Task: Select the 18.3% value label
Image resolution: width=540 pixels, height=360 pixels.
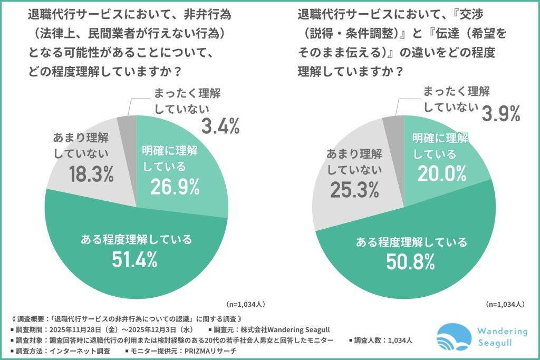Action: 91,175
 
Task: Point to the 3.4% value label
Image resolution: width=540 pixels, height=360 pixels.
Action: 221,126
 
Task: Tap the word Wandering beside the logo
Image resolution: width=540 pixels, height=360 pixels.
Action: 501,332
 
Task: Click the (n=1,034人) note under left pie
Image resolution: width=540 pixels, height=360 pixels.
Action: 245,305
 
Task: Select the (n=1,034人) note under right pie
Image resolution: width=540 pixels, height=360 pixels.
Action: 505,305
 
